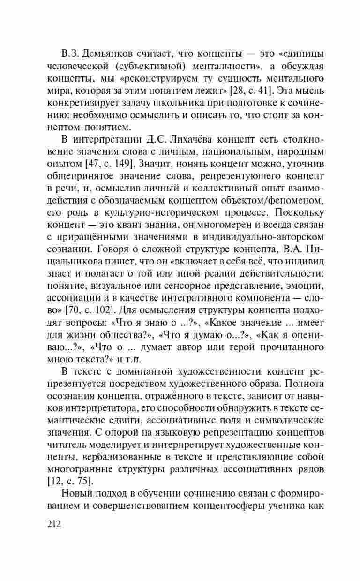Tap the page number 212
(54, 524)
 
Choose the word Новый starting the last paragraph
(78, 494)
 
